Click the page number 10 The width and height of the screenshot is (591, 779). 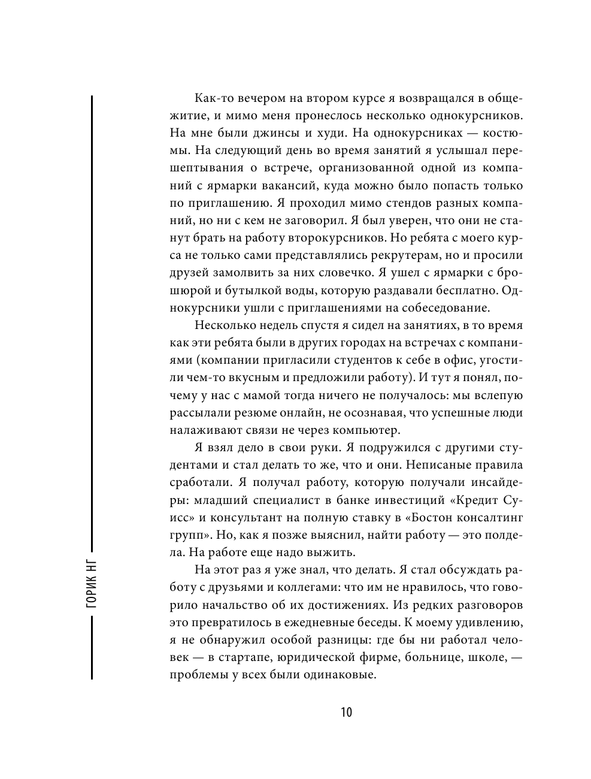point(346,712)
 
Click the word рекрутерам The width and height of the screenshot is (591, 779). point(386,255)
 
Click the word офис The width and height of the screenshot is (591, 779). point(448,361)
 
